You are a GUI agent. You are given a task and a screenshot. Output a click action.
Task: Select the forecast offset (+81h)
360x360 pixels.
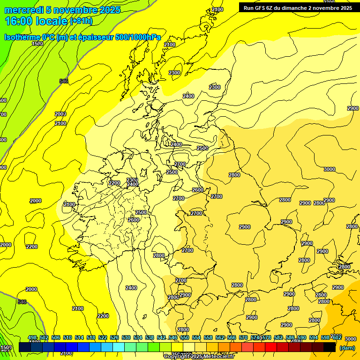[81, 21]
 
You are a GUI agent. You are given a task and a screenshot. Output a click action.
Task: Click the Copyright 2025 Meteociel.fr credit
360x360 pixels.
[199, 357]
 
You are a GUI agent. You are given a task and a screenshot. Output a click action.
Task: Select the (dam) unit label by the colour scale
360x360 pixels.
[347, 348]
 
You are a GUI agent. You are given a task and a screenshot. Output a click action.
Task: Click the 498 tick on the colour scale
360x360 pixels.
[32, 338]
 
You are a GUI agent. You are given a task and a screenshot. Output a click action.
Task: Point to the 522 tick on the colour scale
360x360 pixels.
[103, 338]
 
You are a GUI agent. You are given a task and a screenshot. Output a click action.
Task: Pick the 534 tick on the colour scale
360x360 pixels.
[138, 338]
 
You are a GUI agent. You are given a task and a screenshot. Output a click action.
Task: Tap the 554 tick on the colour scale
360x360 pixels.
[196, 338]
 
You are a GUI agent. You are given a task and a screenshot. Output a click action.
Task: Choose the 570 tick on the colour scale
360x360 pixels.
[243, 338]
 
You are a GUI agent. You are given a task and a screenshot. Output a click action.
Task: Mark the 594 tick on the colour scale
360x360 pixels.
[314, 338]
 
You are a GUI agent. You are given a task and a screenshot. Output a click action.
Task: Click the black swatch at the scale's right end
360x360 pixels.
[330, 347]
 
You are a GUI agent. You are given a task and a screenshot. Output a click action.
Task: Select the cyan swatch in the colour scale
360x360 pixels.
[119, 347]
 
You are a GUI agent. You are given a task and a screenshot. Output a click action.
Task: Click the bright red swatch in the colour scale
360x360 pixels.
[271, 347]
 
